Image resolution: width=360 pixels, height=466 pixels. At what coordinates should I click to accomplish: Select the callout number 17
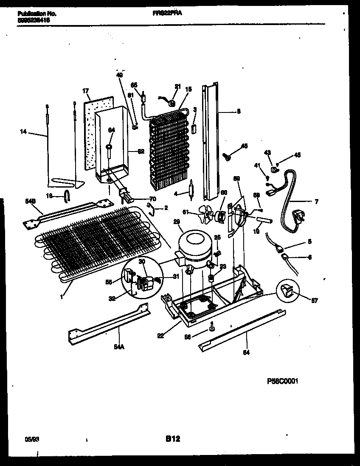pyautogui.click(x=85, y=90)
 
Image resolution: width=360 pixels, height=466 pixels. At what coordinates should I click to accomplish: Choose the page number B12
pyautogui.click(x=172, y=439)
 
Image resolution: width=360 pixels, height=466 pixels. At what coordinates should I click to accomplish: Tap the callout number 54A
pyautogui.click(x=118, y=347)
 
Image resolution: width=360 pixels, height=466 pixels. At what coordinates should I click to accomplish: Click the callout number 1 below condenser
pyautogui.click(x=62, y=297)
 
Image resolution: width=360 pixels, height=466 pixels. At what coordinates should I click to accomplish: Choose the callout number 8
pyautogui.click(x=239, y=112)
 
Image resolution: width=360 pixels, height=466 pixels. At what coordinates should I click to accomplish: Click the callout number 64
pyautogui.click(x=111, y=130)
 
